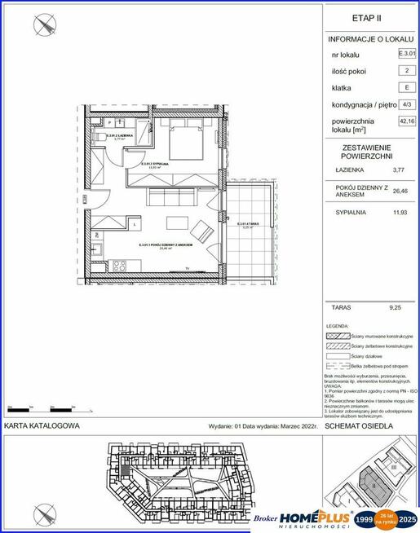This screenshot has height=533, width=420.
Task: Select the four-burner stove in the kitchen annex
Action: pos(117,264)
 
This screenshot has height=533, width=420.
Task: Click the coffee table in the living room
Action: pos(176,224)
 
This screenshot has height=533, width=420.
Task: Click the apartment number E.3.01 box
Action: pos(405,54)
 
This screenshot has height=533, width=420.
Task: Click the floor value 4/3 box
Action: pos(405,104)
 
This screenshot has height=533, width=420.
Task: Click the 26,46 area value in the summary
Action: pos(399,190)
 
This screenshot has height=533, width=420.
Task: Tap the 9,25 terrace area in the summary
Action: pos(397,308)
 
